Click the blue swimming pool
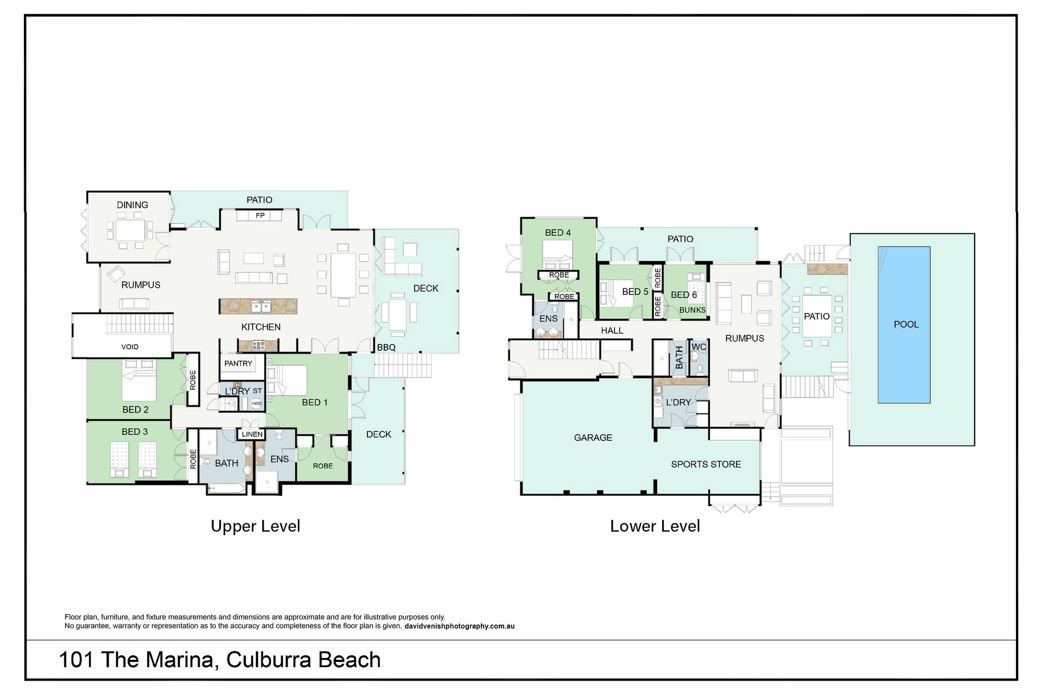904,325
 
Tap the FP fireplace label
260,216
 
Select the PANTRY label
238,363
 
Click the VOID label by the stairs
130,347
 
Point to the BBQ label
386,347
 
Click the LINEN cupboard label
252,434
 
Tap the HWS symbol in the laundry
256,403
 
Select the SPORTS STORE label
706,464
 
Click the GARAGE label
593,438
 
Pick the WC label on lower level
699,347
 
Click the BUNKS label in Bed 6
692,310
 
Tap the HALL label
612,331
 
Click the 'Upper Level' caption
256,526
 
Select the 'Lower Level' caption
655,526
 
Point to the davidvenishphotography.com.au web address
460,626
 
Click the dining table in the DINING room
130,231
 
